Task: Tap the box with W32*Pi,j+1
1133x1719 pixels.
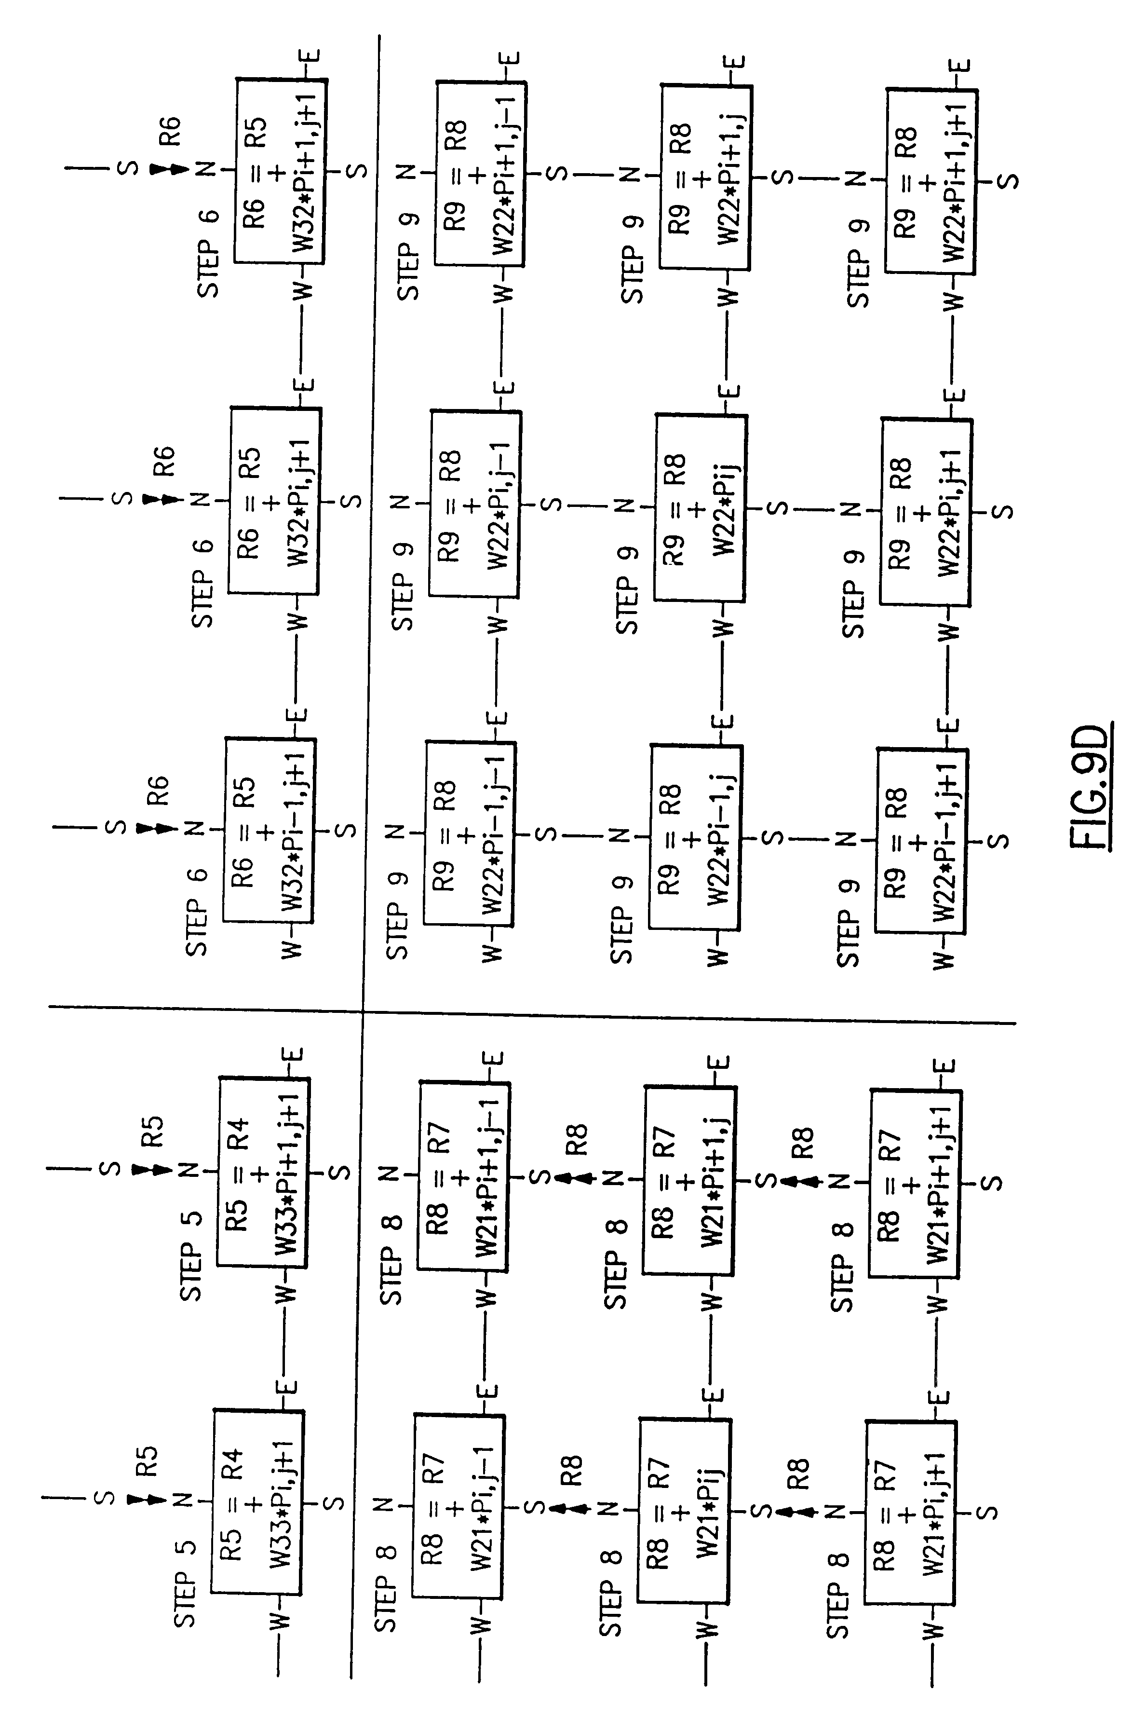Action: [x=275, y=500]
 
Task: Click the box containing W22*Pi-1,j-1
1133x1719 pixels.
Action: [x=469, y=833]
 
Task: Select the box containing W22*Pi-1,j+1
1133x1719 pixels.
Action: [x=920, y=841]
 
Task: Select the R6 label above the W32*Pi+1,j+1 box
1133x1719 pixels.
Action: [x=171, y=132]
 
